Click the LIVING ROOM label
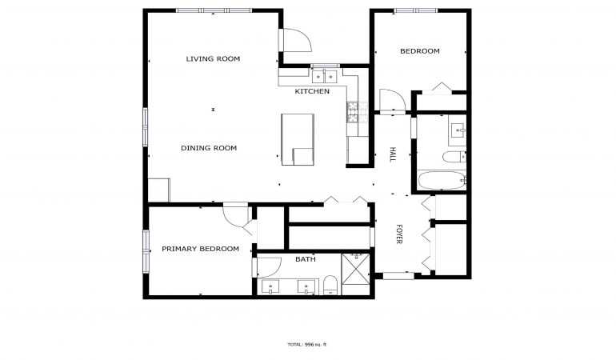pyautogui.click(x=213, y=59)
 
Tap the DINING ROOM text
pyautogui.click(x=209, y=148)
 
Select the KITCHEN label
pyautogui.click(x=312, y=91)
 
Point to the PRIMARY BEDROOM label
pyautogui.click(x=200, y=249)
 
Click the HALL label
pyautogui.click(x=392, y=154)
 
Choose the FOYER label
pyautogui.click(x=398, y=234)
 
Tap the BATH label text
pyautogui.click(x=306, y=259)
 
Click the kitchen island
pyautogui.click(x=298, y=139)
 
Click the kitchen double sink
pyautogui.click(x=325, y=76)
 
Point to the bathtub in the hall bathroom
pyautogui.click(x=442, y=180)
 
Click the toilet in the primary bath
pyautogui.click(x=330, y=285)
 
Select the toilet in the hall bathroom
pyautogui.click(x=454, y=157)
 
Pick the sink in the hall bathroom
pyautogui.click(x=458, y=129)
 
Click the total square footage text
pyautogui.click(x=307, y=345)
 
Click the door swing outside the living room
pyautogui.click(x=298, y=40)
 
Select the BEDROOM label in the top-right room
pyautogui.click(x=419, y=51)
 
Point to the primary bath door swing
pyautogui.click(x=270, y=267)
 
